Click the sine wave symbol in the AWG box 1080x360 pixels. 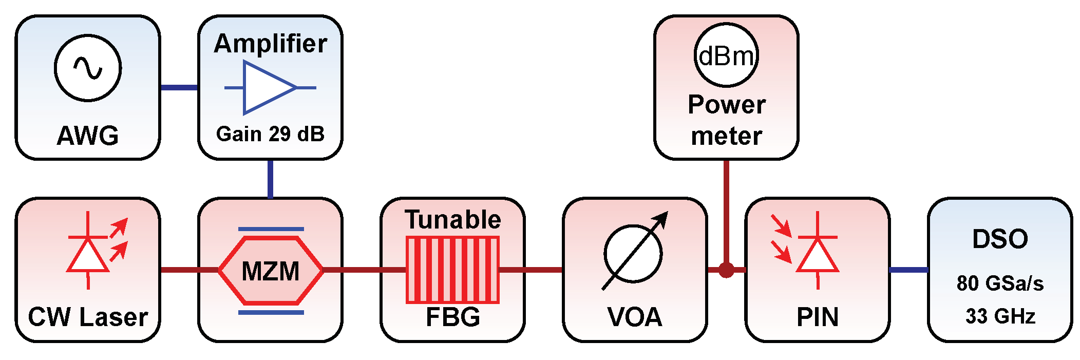click(88, 68)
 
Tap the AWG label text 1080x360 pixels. click(88, 136)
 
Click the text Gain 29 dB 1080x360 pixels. click(270, 134)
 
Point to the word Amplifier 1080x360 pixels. click(270, 44)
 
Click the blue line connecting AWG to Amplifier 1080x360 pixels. click(179, 88)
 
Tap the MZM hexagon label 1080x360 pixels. click(270, 271)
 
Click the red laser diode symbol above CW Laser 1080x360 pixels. click(88, 252)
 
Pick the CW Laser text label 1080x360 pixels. click(88, 317)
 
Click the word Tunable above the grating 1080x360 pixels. click(452, 220)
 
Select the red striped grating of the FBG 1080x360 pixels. click(452, 270)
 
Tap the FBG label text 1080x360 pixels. click(452, 317)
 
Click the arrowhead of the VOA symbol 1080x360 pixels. click(662, 218)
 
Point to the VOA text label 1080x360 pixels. click(635, 317)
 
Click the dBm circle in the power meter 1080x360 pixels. click(726, 55)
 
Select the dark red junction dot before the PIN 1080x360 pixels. click(726, 270)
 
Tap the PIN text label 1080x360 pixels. click(817, 317)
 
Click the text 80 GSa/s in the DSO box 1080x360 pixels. click(999, 283)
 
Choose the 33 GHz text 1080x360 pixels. click(999, 316)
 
